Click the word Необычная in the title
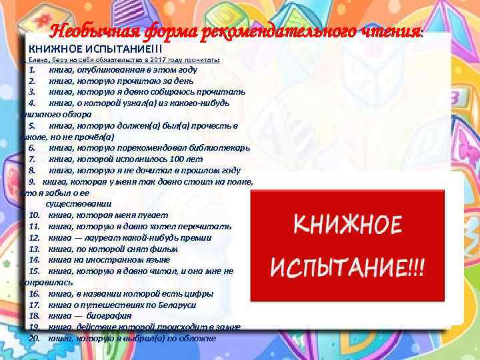[87, 31]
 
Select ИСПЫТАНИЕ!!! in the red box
[348, 267]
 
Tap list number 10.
[35, 215]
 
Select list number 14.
[35, 259]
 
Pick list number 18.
[35, 315]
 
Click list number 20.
[35, 338]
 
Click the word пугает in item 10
[153, 215]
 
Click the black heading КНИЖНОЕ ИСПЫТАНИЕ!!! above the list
[92, 49]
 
